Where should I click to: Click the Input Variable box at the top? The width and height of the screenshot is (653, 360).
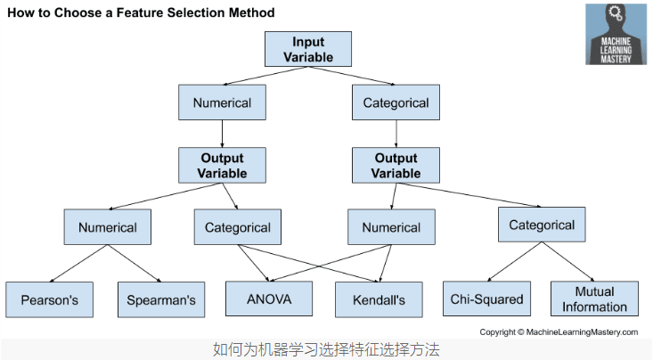click(308, 49)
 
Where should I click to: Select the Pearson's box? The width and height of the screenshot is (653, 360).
click(50, 300)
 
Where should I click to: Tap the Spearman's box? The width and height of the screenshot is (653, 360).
click(161, 300)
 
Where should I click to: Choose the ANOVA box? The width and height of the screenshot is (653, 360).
click(269, 299)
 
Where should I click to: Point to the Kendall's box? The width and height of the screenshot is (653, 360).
click(380, 300)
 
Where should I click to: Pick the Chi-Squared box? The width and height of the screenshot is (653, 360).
click(486, 299)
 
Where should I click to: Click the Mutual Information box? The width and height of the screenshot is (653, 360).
click(594, 299)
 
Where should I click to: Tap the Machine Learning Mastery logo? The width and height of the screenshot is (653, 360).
click(616, 34)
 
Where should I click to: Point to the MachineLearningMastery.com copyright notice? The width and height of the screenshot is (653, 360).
click(559, 331)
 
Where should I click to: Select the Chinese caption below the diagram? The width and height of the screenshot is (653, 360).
click(326, 349)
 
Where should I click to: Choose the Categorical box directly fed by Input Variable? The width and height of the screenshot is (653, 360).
click(396, 102)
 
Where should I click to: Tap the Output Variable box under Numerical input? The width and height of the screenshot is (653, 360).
click(222, 164)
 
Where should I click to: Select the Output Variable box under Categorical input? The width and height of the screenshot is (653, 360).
click(395, 164)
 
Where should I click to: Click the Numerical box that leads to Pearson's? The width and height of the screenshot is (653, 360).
click(108, 227)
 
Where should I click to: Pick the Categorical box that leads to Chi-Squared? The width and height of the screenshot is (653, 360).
click(542, 225)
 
